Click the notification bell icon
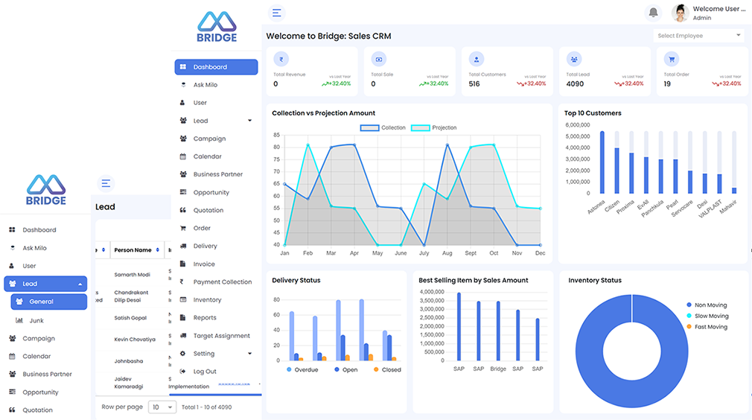[x=654, y=13]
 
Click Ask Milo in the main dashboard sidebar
[x=205, y=85]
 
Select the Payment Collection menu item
[x=222, y=282]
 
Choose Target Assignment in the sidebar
[x=221, y=336]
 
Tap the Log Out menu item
[x=205, y=372]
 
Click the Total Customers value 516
[x=474, y=84]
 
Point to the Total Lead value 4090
[x=575, y=84]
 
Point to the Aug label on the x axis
[x=447, y=253]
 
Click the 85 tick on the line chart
[x=276, y=136]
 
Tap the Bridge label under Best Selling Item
[x=498, y=369]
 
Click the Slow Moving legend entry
[x=711, y=316]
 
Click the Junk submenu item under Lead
[x=36, y=320]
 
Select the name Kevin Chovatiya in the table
[x=135, y=340]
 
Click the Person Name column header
[x=133, y=250]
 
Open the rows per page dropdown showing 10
[x=162, y=407]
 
